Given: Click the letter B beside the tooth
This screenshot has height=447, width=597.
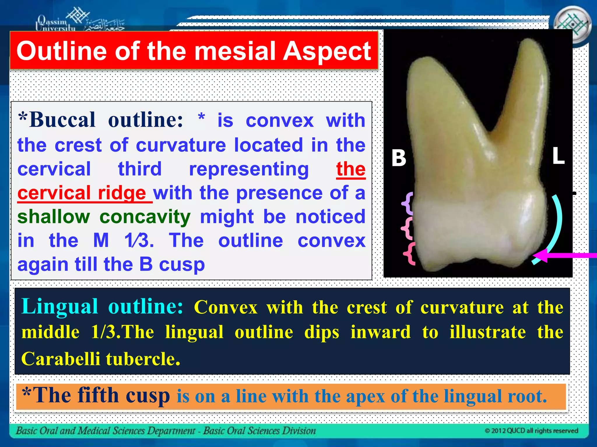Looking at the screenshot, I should tap(399, 158).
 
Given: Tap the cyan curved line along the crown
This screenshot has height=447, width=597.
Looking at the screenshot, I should tap(558, 221).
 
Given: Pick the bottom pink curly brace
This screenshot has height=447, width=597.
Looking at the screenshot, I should tap(410, 253).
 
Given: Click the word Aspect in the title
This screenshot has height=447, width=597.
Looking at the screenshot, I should tap(327, 51).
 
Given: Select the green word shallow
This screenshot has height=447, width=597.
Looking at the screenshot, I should tap(54, 217).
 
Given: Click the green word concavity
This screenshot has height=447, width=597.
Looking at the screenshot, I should tap(145, 217).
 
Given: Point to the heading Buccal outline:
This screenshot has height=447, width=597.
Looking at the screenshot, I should tap(101, 120).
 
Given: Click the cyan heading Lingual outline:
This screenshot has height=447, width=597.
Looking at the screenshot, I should tap(102, 306).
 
